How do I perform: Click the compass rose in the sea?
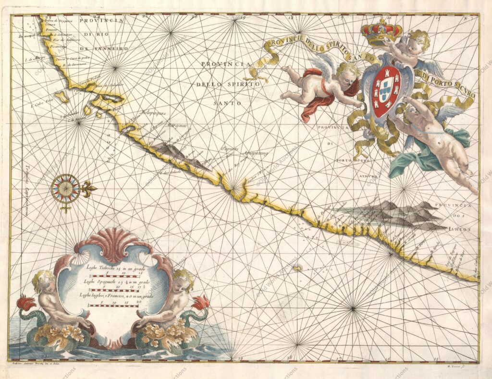point(65,188)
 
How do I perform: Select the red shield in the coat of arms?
point(386,91)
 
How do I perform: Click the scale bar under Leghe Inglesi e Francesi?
point(112,306)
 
